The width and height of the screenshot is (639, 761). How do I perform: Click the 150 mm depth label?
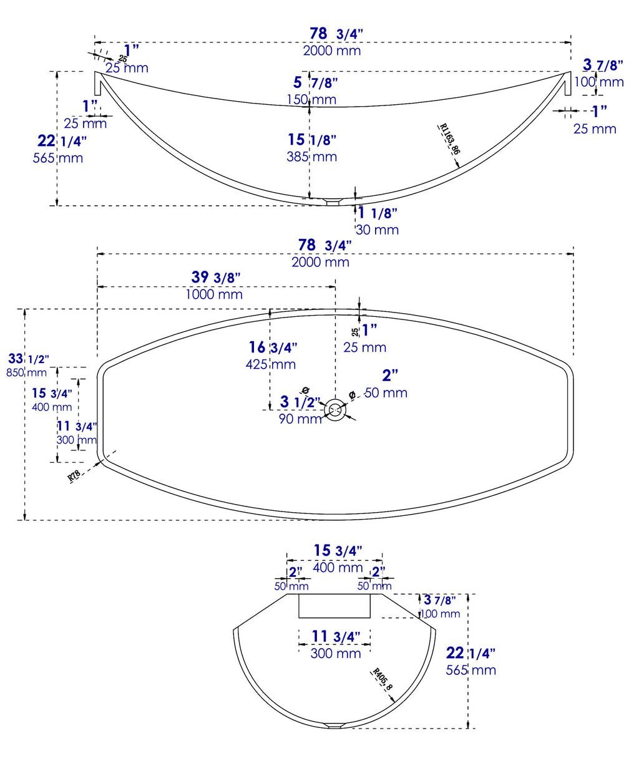pyautogui.click(x=311, y=99)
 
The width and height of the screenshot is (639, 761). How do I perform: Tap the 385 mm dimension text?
pyautogui.click(x=311, y=157)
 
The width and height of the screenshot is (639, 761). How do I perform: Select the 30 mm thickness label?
pyautogui.click(x=377, y=230)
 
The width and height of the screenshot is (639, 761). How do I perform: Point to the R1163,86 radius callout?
pyautogui.click(x=449, y=139)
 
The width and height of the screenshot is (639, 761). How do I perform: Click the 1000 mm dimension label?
pyautogui.click(x=214, y=294)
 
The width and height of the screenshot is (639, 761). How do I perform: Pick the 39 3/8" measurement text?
pyautogui.click(x=215, y=277)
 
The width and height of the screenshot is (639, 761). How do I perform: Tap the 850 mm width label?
pyautogui.click(x=26, y=373)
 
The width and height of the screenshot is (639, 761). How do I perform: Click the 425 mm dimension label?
pyautogui.click(x=270, y=364)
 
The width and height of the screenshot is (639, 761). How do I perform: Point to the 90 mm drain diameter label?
pyautogui.click(x=300, y=419)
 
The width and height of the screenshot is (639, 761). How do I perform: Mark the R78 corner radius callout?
pyautogui.click(x=74, y=476)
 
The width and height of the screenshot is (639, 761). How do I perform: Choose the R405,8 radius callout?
pyautogui.click(x=383, y=679)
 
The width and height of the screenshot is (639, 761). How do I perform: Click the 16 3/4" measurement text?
pyautogui.click(x=273, y=347)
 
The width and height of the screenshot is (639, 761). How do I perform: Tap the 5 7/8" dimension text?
pyautogui.click(x=315, y=82)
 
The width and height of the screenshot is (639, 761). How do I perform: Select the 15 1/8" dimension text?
pyautogui.click(x=312, y=140)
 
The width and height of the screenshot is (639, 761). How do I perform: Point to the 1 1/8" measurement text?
pyautogui.click(x=378, y=213)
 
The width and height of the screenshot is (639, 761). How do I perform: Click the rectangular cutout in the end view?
pyautogui.click(x=334, y=606)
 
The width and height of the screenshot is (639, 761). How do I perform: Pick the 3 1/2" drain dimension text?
pyautogui.click(x=300, y=402)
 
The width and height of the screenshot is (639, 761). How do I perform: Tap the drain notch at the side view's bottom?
pyautogui.click(x=334, y=201)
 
